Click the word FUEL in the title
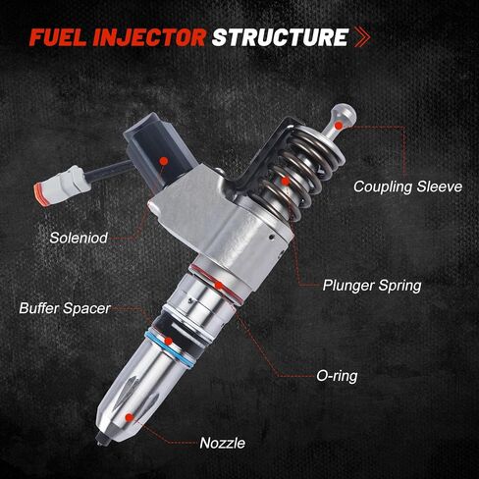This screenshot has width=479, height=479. click(x=57, y=37)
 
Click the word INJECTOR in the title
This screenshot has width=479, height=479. click(x=149, y=37)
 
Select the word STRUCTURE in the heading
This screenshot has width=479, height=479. click(x=280, y=37)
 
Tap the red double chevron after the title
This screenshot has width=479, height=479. click(x=362, y=37)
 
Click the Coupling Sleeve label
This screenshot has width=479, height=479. click(x=407, y=186)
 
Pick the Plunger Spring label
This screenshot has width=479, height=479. click(x=372, y=286)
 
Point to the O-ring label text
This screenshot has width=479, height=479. click(x=337, y=376)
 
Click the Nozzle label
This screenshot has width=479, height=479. click(x=222, y=443)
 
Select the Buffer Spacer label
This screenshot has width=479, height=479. click(x=65, y=308)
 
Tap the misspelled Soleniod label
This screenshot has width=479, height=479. click(x=79, y=238)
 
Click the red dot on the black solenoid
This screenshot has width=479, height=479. click(x=164, y=161)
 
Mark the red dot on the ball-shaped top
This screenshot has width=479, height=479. click(x=339, y=125)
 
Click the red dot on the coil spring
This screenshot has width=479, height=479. click(x=286, y=181)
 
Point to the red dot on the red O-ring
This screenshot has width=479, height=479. click(x=219, y=286)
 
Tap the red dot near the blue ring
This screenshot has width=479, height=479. click(x=169, y=342)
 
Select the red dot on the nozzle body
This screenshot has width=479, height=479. click(x=130, y=417)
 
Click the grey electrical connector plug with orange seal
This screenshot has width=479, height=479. click(x=62, y=186)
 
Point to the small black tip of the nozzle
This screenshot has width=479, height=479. click(x=101, y=440)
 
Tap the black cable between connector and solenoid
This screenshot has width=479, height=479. click(x=110, y=171)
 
